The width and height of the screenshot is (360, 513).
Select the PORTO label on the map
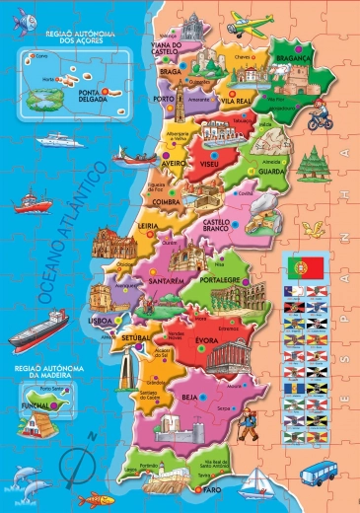tap(165, 99)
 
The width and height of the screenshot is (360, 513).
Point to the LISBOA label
tap(102, 322)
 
